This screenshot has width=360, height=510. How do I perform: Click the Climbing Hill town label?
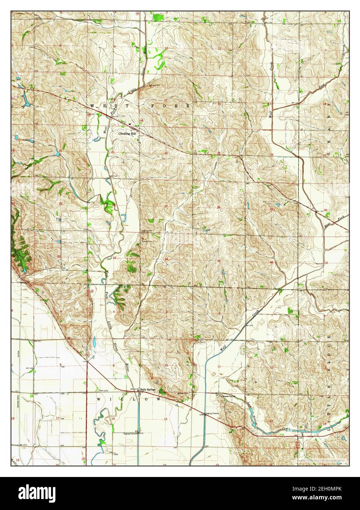(127, 134)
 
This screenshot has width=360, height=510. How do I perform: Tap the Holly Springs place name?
(148, 389)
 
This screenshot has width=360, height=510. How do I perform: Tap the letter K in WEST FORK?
(189, 106)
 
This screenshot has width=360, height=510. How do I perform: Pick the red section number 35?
(219, 261)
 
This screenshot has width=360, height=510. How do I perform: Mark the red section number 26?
(218, 208)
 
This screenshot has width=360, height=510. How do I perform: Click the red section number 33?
(114, 258)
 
